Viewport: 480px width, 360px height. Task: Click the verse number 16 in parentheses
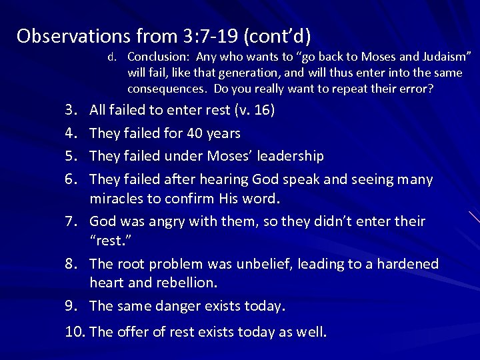(263, 110)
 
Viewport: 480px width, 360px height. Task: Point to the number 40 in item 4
(195, 133)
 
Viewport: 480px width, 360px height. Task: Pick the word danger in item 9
(174, 306)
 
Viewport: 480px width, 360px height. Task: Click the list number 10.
(75, 331)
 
